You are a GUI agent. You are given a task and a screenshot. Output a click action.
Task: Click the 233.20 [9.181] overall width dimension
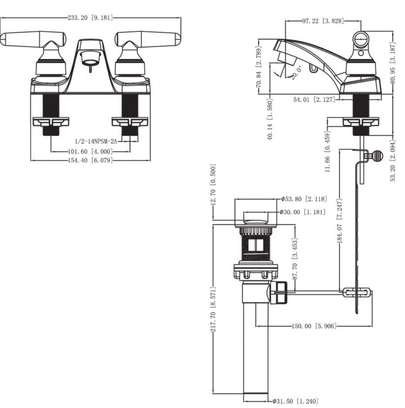(90, 18)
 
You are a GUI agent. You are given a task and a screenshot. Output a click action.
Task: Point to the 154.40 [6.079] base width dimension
(90, 160)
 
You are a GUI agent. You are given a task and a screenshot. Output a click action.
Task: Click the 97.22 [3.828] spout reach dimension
(323, 21)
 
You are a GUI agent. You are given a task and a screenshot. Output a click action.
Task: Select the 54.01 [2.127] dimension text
(314, 100)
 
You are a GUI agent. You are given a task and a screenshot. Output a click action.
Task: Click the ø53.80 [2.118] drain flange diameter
(304, 199)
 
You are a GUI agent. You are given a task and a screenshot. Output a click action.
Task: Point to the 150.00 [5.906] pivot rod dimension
(314, 326)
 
